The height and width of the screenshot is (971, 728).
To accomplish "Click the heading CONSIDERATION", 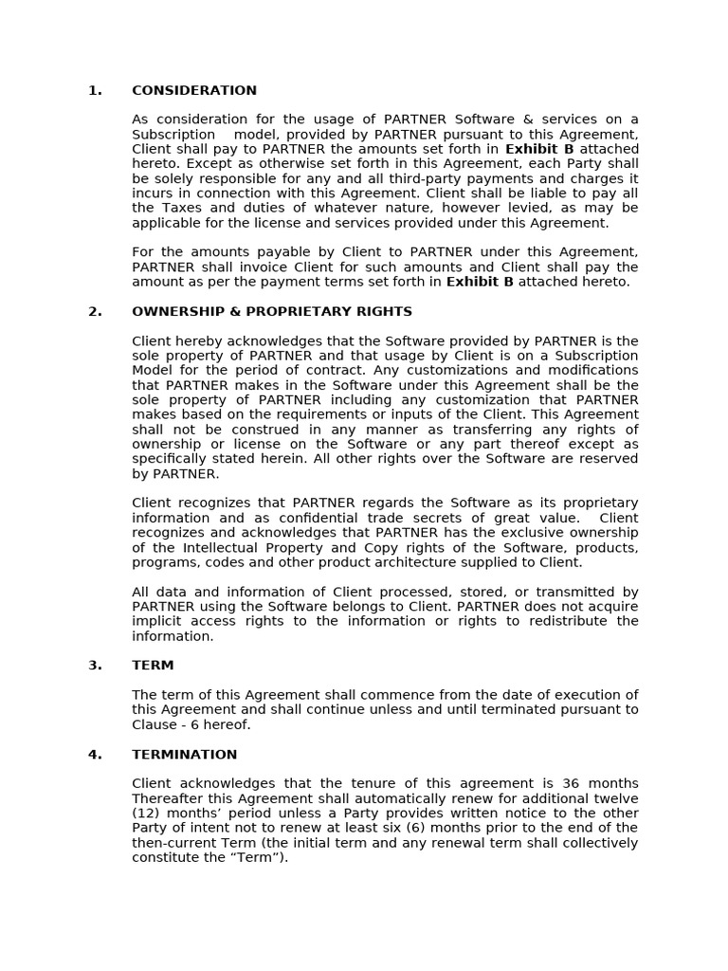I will click(x=193, y=91).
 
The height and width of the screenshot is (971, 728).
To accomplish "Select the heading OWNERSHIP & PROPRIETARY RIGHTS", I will click(x=272, y=312).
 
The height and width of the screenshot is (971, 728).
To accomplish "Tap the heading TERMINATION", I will click(x=184, y=755).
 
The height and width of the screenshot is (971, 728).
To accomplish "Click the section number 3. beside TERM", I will click(x=95, y=666).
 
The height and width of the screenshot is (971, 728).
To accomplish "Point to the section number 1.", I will click(x=95, y=91).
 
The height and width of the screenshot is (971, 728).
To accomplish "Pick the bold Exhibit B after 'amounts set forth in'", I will click(x=539, y=150).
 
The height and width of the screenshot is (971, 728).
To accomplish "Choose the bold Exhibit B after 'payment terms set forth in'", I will click(x=480, y=283).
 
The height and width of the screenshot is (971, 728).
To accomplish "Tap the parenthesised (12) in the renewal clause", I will click(x=148, y=814).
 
